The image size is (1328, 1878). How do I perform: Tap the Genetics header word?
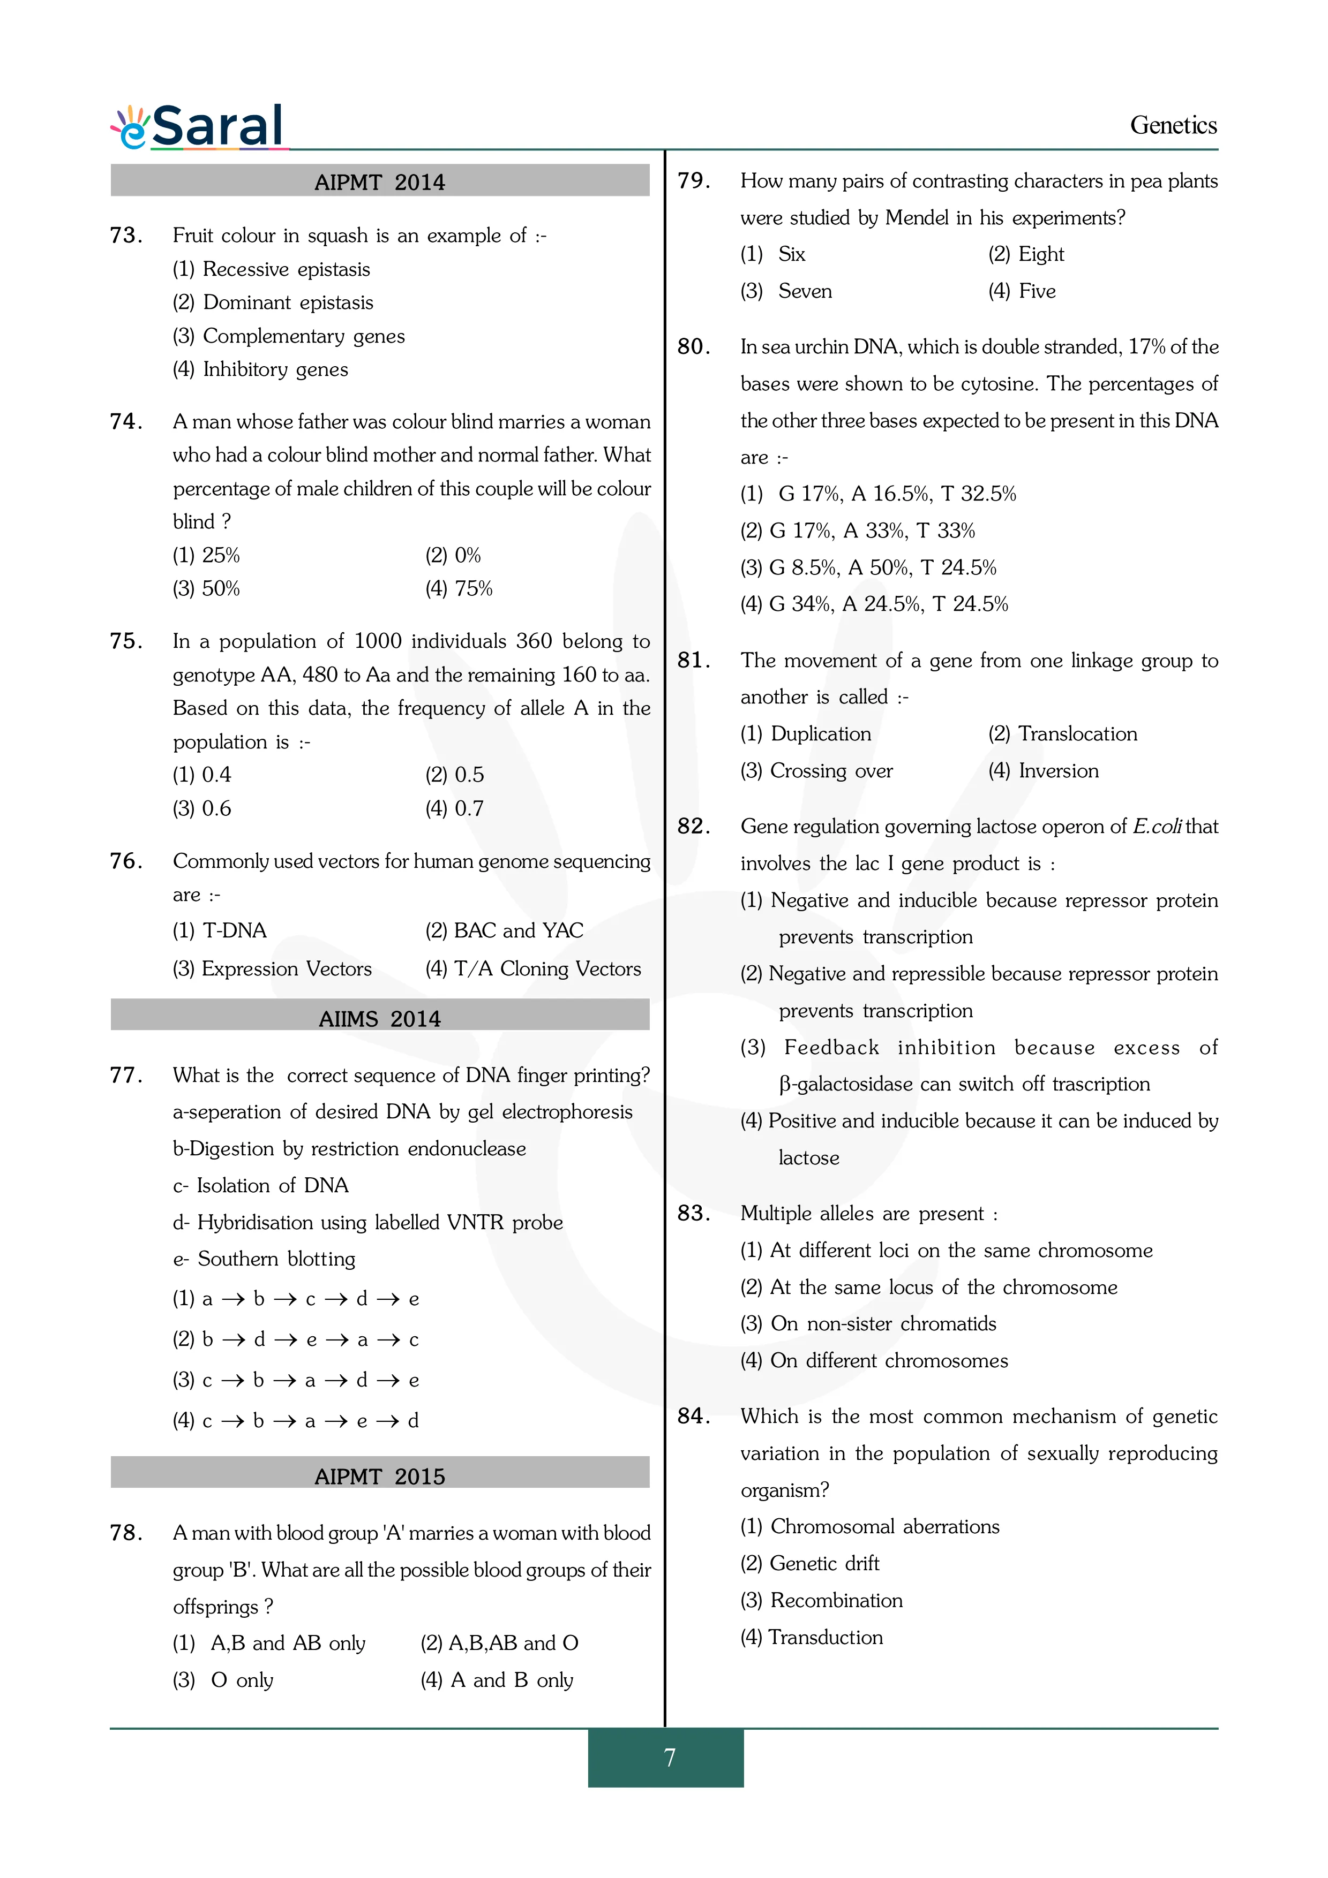tap(1173, 125)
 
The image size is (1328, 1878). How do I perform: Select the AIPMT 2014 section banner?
tap(380, 181)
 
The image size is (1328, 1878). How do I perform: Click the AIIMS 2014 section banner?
tap(380, 1018)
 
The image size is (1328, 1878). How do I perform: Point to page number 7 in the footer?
tap(669, 1757)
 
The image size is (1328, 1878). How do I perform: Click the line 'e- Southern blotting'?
tap(264, 1259)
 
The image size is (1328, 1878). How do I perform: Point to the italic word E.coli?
tap(1156, 827)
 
